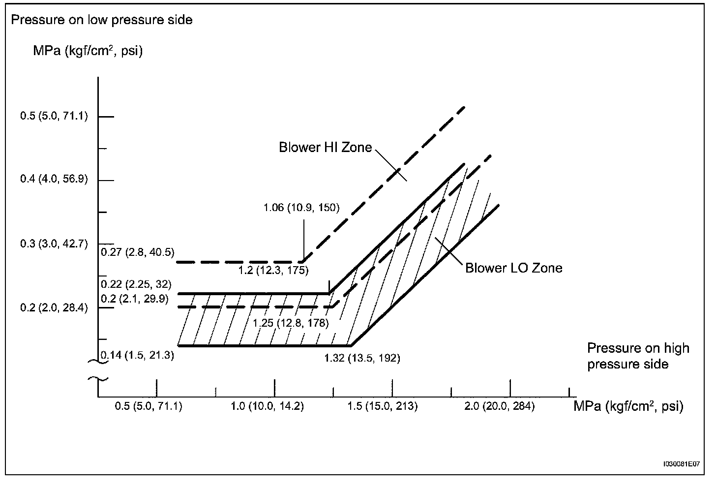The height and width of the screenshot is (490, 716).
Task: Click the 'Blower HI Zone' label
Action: coord(325,148)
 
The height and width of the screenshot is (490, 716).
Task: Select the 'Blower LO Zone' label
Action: coord(513,268)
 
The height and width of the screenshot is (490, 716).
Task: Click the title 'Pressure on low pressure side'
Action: coord(101,20)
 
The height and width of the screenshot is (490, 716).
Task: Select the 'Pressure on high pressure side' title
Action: coord(638,356)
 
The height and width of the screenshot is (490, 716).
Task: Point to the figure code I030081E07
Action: coord(681,464)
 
